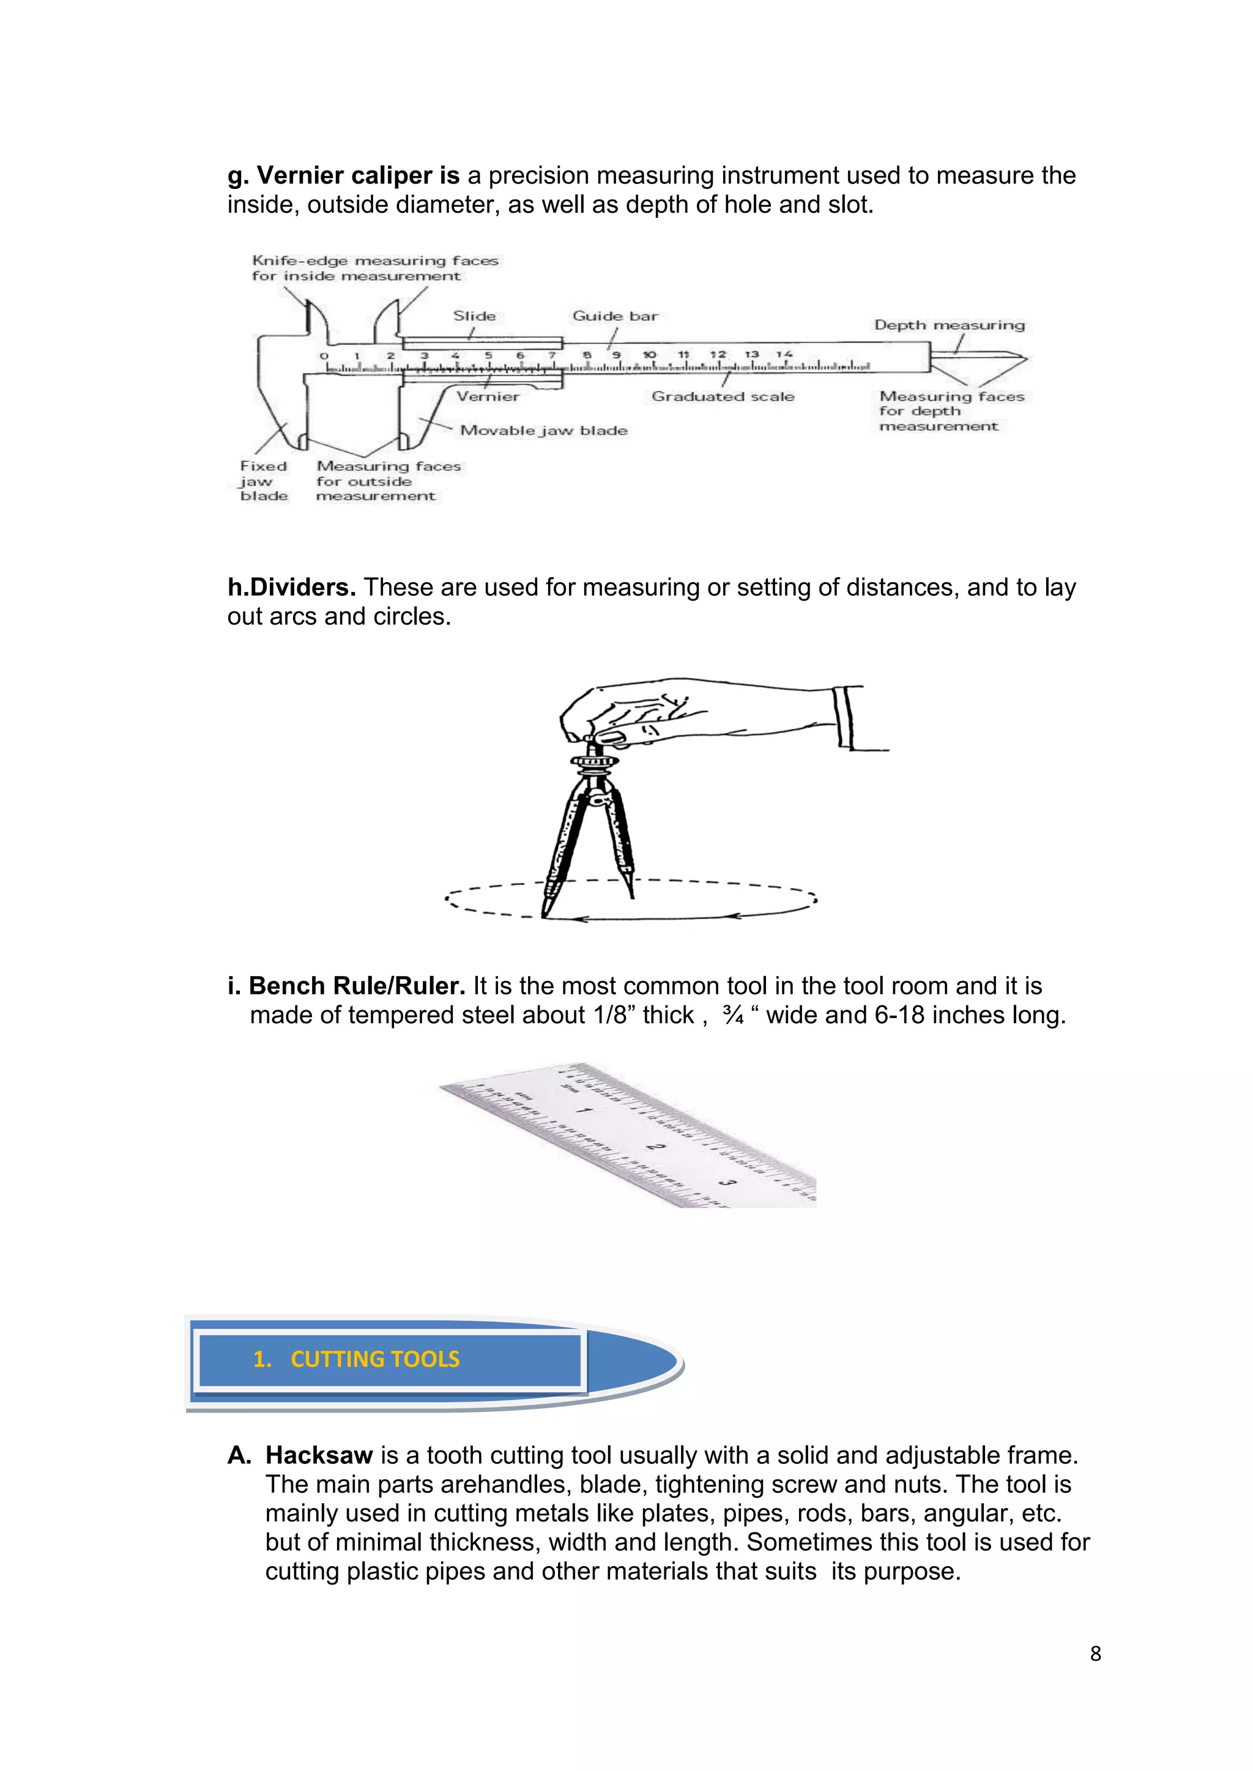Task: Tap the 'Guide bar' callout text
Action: click(x=614, y=316)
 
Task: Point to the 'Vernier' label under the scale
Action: click(x=488, y=396)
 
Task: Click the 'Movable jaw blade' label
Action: click(x=543, y=431)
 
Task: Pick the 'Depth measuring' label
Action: click(x=949, y=325)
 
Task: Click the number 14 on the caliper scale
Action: click(x=784, y=354)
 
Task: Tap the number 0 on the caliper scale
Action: click(x=324, y=355)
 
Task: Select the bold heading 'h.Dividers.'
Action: click(x=291, y=588)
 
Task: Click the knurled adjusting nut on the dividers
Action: click(x=595, y=761)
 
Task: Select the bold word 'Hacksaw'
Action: click(x=319, y=1455)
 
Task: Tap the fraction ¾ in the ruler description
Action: click(x=733, y=1015)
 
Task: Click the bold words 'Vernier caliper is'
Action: click(x=357, y=176)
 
